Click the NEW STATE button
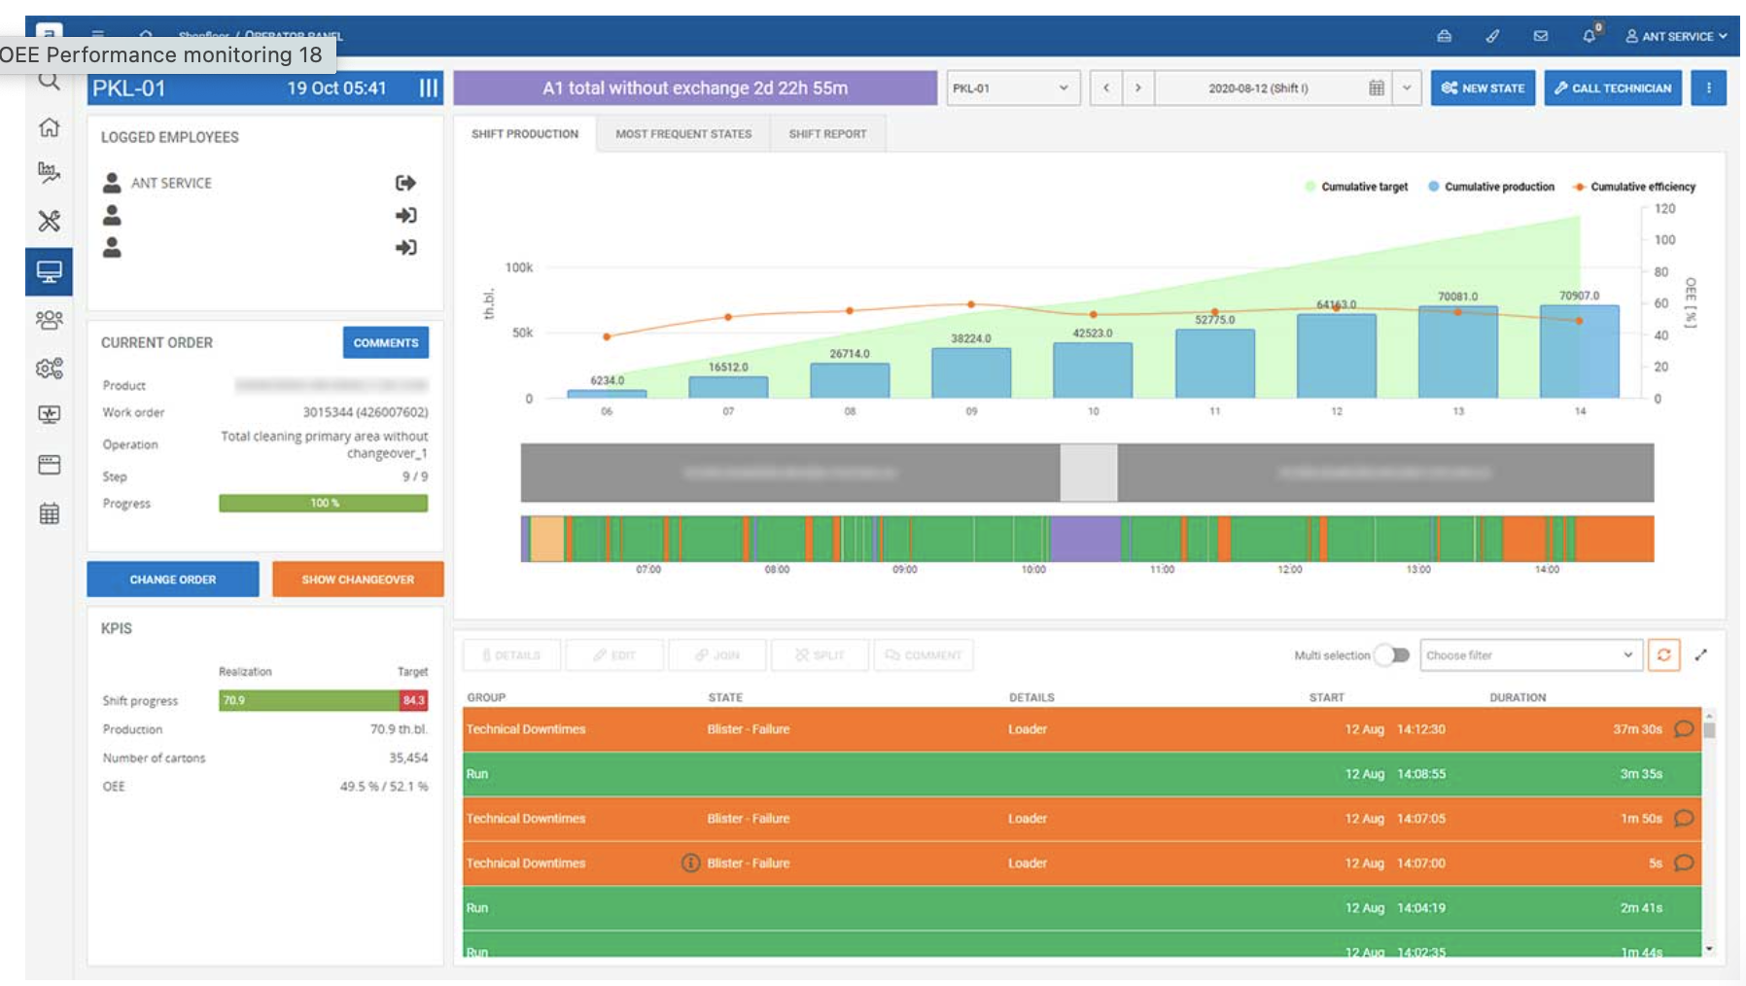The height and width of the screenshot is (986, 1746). (x=1482, y=88)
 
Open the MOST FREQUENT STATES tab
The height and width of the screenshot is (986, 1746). (x=682, y=134)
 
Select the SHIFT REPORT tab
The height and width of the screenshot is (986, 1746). (x=826, y=134)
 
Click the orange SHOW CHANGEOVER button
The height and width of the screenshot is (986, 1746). (x=358, y=580)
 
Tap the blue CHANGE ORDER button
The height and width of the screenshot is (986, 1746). (x=173, y=580)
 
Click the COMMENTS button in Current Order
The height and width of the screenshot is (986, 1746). (x=385, y=343)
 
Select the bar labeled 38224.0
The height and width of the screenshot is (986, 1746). (x=970, y=371)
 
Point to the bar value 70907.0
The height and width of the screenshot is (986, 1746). (x=1579, y=296)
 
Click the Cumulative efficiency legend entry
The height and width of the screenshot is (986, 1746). (x=1641, y=187)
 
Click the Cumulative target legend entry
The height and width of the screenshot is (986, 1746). (x=1363, y=187)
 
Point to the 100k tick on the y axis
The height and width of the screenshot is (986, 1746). (x=518, y=267)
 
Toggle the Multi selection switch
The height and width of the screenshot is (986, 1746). (x=1396, y=655)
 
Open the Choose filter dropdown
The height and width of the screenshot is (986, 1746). (x=1529, y=655)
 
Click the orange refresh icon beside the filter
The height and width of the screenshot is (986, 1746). (x=1663, y=655)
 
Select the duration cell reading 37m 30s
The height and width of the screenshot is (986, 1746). (x=1637, y=729)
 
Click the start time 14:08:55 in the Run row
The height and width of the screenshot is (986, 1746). (x=1420, y=774)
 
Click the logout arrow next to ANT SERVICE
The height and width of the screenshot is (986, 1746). (x=405, y=183)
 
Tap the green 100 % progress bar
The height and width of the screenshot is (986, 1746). (x=323, y=503)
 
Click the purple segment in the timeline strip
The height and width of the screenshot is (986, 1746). (x=1085, y=539)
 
